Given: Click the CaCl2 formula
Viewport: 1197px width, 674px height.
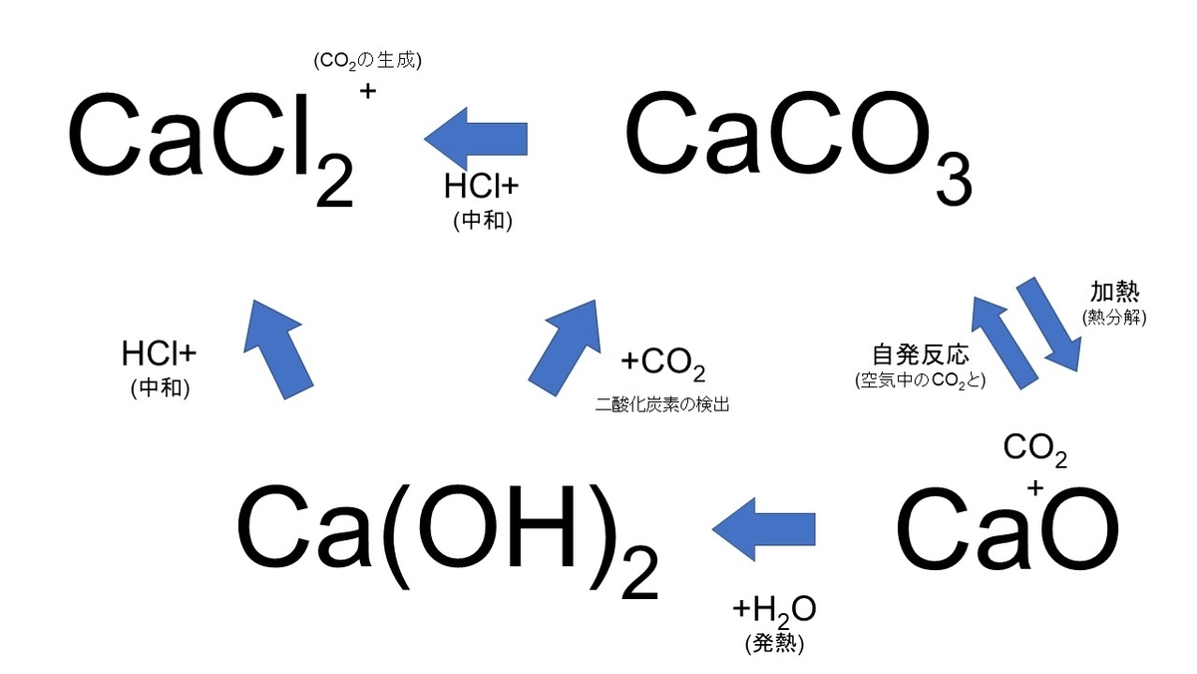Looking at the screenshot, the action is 211,147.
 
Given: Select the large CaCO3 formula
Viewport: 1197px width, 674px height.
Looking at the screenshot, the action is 799,147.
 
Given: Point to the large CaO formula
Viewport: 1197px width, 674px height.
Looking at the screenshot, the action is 1007,529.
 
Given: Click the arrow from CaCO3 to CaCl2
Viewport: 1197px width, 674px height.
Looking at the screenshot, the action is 476,139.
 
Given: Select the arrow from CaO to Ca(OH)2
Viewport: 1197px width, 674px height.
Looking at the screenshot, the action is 764,529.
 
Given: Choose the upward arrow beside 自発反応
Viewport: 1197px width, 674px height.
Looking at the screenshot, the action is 1003,342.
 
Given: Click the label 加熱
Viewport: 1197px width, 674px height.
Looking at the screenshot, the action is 1115,292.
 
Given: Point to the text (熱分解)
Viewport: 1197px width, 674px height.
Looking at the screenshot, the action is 1115,318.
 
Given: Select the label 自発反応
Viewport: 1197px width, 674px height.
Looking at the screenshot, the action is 921,354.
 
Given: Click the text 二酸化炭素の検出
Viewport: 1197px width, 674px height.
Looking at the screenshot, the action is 662,404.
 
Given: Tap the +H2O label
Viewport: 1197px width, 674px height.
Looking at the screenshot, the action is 774,611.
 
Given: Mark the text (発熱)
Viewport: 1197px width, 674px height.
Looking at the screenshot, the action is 774,643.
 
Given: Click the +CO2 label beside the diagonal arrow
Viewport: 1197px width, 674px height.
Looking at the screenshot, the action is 663,363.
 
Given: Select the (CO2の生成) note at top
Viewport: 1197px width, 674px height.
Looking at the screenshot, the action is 368,61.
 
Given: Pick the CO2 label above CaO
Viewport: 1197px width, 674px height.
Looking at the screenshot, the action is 1035,450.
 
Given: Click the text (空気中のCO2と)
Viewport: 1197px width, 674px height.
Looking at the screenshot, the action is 920,380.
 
